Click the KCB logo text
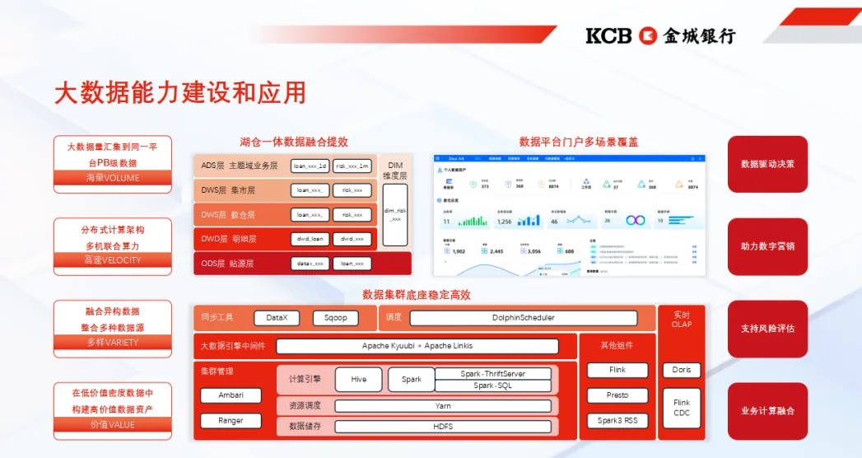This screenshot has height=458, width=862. click(x=608, y=35)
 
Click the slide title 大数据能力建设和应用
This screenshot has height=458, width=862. click(x=179, y=91)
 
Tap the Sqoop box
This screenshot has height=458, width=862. click(x=335, y=317)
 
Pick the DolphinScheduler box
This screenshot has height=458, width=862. click(x=523, y=318)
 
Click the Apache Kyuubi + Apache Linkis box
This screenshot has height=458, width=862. click(x=417, y=346)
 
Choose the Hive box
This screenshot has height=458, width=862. click(x=358, y=379)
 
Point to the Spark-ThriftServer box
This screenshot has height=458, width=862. click(x=492, y=374)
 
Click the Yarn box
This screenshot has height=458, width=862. click(x=443, y=405)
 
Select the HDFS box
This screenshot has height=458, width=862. click(x=443, y=426)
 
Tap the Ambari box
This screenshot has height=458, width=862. click(x=231, y=395)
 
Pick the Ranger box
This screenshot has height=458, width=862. click(x=231, y=420)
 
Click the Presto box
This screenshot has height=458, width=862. click(x=617, y=395)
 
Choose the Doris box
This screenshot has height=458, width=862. click(x=682, y=370)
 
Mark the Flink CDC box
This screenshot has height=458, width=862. click(x=682, y=408)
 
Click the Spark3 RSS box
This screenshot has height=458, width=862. click(x=617, y=421)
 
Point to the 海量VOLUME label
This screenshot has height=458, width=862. click(x=113, y=178)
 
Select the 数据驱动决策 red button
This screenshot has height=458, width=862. click(x=767, y=164)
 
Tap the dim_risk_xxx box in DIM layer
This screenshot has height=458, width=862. click(x=395, y=214)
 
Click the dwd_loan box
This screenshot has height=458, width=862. click(x=310, y=239)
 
